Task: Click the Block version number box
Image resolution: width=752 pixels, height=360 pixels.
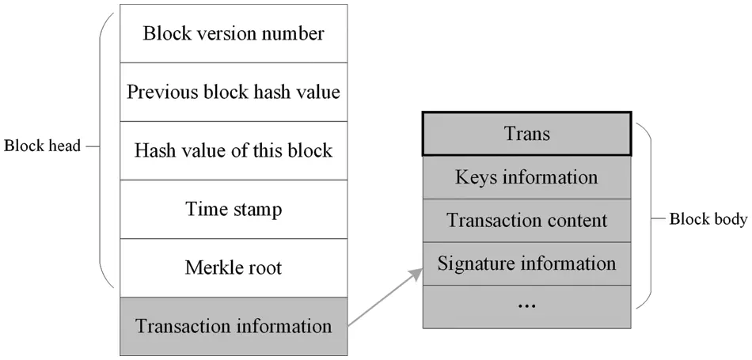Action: point(234,34)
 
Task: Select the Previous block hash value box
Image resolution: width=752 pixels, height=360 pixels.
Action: point(234,92)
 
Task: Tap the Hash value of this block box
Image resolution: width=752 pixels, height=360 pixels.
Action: point(234,150)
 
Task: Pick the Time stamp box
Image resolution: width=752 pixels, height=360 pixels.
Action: point(234,210)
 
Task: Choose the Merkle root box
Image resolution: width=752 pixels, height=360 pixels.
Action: point(234,267)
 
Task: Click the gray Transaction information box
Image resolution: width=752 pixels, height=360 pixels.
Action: point(234,326)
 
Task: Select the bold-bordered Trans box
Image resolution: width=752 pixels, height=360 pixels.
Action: point(526,134)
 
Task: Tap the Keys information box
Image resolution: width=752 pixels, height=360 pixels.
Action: point(526,177)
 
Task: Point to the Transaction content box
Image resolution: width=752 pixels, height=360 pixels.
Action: point(526,221)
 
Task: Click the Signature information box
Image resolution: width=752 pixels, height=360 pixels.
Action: point(526,263)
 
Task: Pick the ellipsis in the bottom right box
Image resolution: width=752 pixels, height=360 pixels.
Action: point(526,305)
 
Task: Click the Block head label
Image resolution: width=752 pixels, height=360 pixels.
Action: point(43,146)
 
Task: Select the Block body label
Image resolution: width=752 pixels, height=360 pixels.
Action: point(708,219)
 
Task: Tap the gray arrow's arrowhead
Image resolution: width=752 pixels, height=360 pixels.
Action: point(414,274)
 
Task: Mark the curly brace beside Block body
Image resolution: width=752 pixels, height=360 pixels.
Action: point(644,219)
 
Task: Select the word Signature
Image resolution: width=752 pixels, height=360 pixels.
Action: point(473,263)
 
